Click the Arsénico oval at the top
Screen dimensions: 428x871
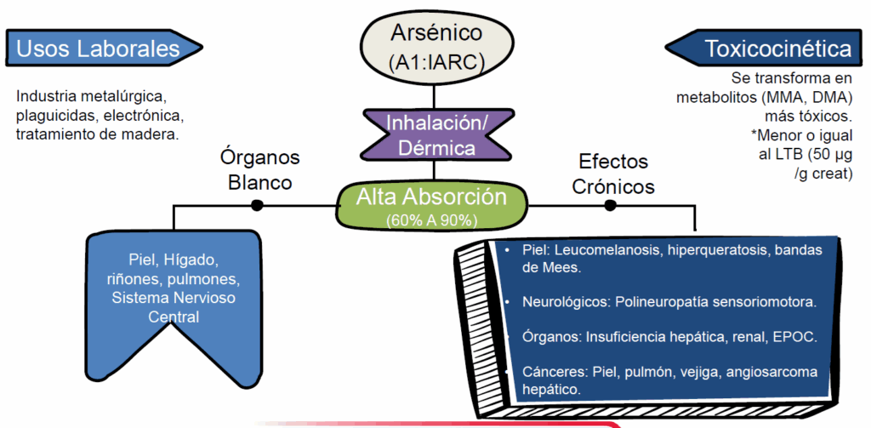435,47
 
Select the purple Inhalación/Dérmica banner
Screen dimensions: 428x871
436,134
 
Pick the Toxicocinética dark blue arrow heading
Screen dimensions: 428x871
766,48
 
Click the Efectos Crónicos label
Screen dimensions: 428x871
613,174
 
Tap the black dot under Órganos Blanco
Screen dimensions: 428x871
257,205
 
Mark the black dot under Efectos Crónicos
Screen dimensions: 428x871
610,205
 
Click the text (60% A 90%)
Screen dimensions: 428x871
431,220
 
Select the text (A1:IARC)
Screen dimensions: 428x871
435,62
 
